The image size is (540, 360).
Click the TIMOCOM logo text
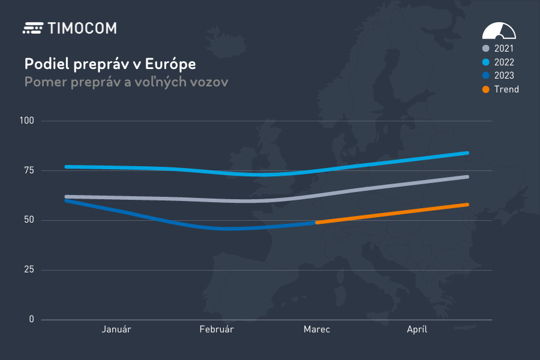point(81,28)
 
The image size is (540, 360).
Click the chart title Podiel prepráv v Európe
point(110,64)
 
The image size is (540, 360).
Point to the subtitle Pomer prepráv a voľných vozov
point(126,82)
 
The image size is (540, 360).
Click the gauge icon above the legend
point(499,31)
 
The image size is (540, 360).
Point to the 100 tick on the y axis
point(27,121)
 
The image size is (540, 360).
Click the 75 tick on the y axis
point(29,170)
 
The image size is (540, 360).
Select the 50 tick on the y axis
point(29,220)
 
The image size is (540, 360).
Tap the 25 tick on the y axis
point(29,270)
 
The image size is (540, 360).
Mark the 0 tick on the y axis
point(31,319)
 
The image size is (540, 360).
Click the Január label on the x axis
point(116,329)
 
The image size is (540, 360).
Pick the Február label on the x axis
point(217,329)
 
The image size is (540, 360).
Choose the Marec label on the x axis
point(317,329)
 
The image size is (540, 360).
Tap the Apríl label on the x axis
point(417,329)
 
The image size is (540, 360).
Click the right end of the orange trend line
point(467,205)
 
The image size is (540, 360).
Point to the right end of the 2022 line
point(467,153)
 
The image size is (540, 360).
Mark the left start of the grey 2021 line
point(67,197)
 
